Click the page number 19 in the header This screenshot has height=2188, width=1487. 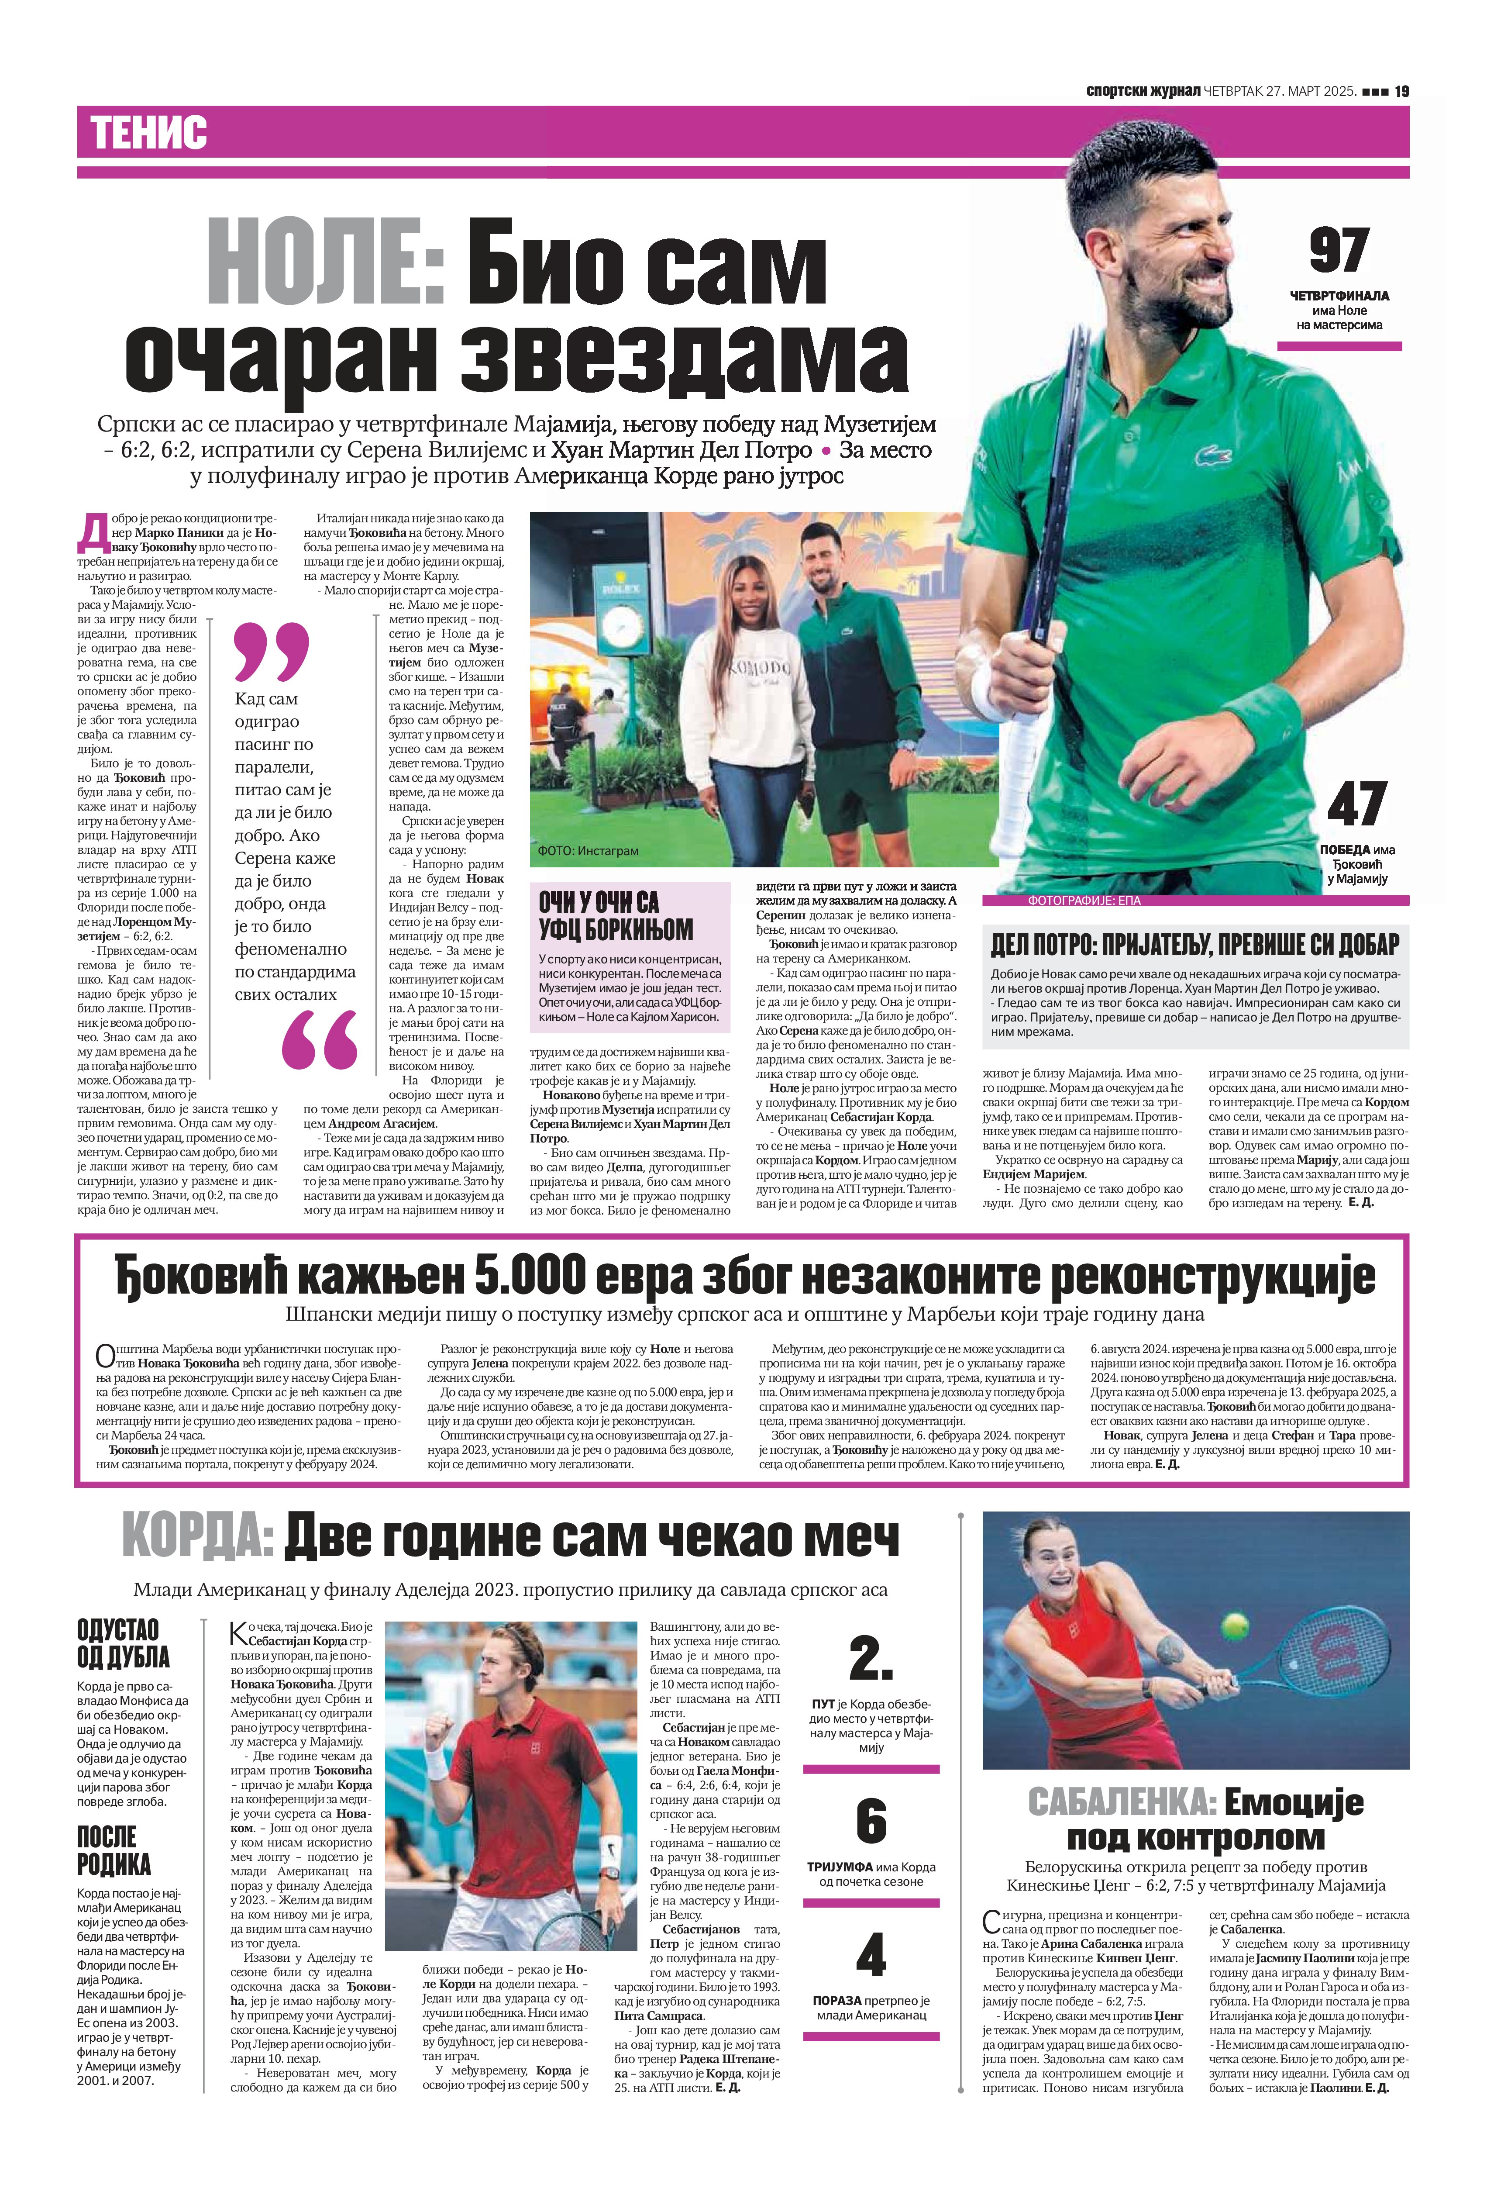click(1401, 91)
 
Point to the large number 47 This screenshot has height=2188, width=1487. click(1356, 803)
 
